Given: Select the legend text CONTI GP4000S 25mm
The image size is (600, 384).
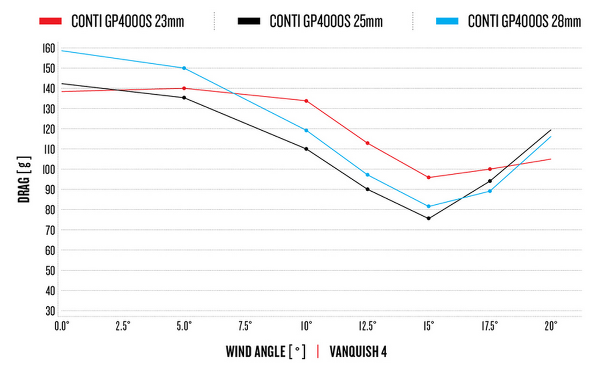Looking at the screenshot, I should [x=326, y=22].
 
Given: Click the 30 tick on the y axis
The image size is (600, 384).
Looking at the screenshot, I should [x=50, y=311].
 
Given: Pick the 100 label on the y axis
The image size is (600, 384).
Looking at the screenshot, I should [x=49, y=169].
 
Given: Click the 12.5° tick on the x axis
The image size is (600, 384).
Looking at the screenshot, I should [x=368, y=326].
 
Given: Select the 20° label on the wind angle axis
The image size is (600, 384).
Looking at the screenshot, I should [x=551, y=326].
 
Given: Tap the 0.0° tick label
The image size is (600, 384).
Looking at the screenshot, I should [x=61, y=326].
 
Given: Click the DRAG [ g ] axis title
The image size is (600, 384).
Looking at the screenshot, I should [x=25, y=180].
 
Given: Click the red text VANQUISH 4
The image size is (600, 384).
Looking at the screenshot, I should [x=358, y=351].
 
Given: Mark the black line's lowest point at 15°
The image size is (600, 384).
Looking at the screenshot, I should [x=429, y=218].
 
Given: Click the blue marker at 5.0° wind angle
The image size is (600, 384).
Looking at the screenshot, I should [x=184, y=68].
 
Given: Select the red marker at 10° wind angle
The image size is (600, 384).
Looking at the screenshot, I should [x=306, y=101].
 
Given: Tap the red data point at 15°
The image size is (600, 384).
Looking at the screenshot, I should [x=429, y=178].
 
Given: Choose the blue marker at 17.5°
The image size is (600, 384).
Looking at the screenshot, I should [x=490, y=191].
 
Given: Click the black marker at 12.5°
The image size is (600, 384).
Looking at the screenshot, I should [x=368, y=189].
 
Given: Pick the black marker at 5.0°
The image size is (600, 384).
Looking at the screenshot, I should [x=184, y=97].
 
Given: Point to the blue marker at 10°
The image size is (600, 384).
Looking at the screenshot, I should [x=306, y=130].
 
